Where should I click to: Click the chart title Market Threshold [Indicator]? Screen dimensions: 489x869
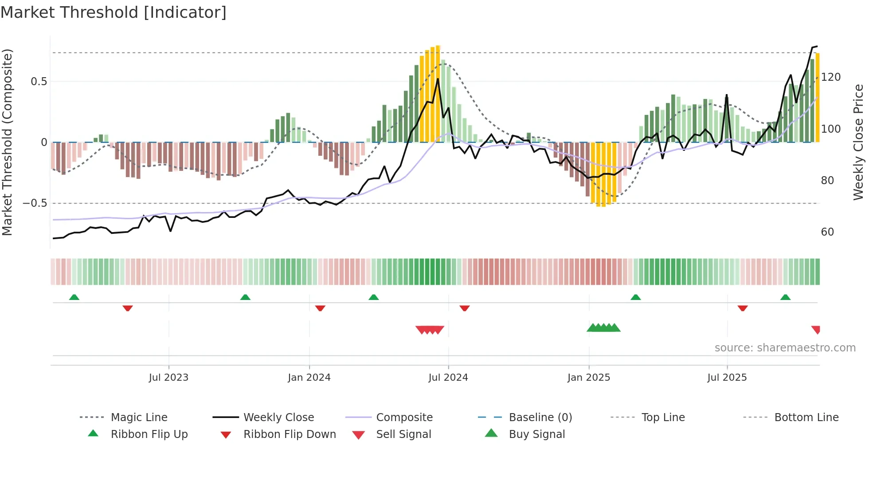pos(114,12)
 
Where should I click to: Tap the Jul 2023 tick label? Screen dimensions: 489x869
pos(168,378)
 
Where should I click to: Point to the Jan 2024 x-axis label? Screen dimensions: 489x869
pos(309,378)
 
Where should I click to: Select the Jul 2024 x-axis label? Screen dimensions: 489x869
pos(448,378)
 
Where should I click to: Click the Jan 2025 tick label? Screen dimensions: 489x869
pos(589,378)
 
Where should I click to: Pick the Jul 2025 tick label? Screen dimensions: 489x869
pos(727,378)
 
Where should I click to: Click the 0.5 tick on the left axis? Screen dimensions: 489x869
pos(39,82)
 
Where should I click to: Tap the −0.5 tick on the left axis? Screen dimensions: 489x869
pos(35,203)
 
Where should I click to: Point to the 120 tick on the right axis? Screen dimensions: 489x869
pos(831,77)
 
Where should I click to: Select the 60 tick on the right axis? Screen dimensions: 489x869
pos(827,232)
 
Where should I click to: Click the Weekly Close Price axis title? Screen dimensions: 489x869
pos(859,142)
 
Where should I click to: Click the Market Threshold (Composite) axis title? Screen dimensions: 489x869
pos(7,142)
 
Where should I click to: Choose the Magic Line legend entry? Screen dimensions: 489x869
pos(139,418)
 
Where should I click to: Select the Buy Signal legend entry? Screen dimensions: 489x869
pos(536,434)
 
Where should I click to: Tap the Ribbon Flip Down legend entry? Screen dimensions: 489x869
pos(289,434)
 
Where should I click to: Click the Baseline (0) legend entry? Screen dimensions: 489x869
pos(540,418)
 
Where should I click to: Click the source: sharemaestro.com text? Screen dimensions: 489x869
pos(785,348)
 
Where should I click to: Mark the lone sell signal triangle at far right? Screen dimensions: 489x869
pos(816,329)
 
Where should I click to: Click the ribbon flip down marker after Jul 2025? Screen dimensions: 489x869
pos(743,308)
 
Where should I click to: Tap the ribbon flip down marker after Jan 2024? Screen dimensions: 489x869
pos(320,308)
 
